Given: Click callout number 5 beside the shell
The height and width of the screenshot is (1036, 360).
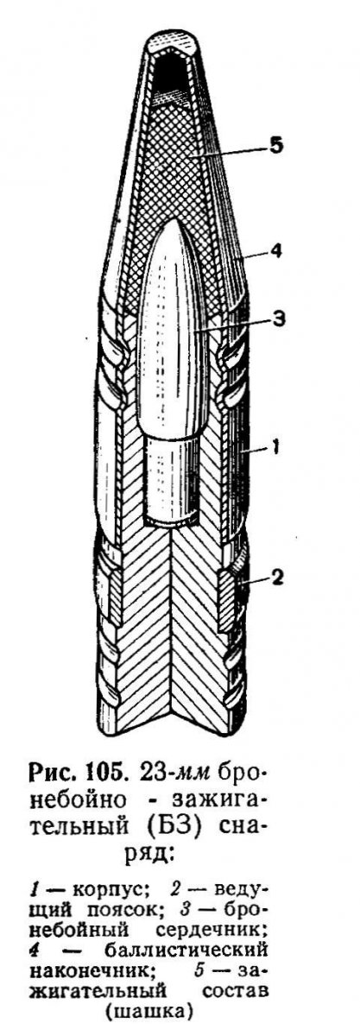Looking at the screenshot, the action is (x=275, y=145).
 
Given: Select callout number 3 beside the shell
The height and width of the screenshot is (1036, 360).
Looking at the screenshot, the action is (x=279, y=319).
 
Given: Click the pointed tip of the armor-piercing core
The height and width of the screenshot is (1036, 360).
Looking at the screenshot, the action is (x=174, y=217).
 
